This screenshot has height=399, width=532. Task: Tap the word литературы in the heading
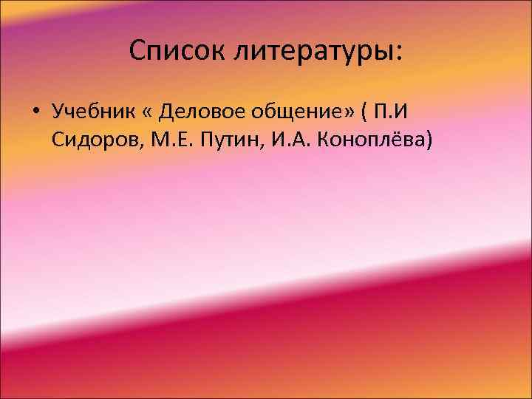(311, 52)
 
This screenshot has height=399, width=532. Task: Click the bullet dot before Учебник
(35, 113)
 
